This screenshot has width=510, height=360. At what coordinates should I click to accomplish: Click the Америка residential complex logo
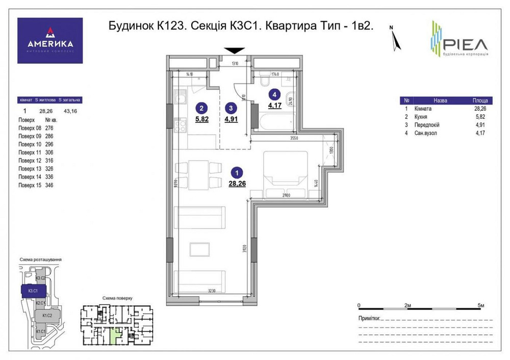click(50, 41)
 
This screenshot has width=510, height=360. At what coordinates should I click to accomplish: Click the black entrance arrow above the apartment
click(234, 50)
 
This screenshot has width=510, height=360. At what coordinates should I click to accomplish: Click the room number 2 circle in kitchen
click(202, 108)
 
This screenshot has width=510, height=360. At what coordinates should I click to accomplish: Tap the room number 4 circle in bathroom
click(275, 94)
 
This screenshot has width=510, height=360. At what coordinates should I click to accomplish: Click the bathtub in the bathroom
click(275, 123)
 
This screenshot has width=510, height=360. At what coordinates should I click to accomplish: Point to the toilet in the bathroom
click(265, 81)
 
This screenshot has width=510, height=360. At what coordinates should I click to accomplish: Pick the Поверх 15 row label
click(29, 185)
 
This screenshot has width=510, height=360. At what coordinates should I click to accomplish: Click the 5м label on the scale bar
click(480, 305)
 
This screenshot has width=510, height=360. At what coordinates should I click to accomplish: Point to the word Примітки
click(370, 319)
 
